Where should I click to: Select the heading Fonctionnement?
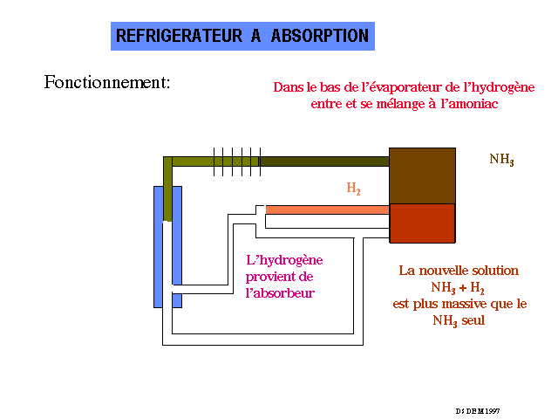(106, 83)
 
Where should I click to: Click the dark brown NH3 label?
(501, 160)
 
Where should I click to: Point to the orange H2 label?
(353, 189)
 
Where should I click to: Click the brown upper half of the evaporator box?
(422, 175)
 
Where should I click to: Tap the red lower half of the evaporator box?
(422, 223)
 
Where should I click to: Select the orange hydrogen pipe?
(327, 209)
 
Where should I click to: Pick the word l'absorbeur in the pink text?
(279, 294)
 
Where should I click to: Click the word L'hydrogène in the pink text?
(284, 260)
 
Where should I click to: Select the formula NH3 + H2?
(458, 287)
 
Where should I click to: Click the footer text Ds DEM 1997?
(477, 410)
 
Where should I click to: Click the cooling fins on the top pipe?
(236, 161)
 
